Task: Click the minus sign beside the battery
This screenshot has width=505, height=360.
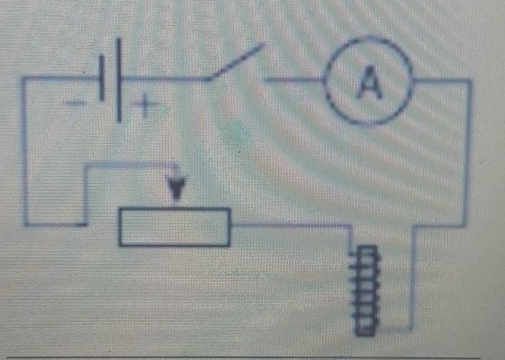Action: (x=75, y=104)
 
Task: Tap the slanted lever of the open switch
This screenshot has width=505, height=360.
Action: (x=236, y=62)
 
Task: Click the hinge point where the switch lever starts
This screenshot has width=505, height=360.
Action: (x=208, y=79)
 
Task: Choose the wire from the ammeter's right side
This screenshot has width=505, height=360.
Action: (x=443, y=81)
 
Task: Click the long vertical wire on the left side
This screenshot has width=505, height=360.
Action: (x=25, y=150)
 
